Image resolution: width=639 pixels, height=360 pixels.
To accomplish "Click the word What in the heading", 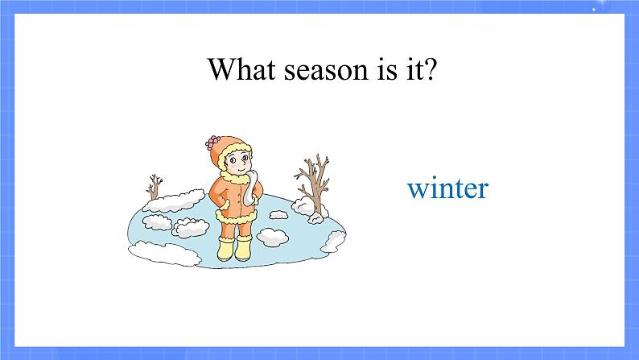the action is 241,68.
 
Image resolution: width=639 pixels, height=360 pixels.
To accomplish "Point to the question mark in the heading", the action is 429,69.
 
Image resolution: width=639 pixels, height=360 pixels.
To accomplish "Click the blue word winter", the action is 448,188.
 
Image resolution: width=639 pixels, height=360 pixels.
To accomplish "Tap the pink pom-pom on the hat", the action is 212,143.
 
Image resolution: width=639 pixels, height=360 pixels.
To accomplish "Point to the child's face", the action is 237,162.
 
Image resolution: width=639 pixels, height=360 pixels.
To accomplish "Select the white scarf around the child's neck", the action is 251,187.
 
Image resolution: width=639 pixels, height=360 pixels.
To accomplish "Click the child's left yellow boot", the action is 226,248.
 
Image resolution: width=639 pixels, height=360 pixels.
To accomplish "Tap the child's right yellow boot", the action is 244,248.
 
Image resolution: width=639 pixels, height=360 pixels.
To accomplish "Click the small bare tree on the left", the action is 154,187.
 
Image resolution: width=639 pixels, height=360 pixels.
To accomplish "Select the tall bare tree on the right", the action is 314,182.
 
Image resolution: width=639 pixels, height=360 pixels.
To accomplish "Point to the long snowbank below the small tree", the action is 174,201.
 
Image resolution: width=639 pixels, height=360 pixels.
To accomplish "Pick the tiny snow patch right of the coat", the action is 278,214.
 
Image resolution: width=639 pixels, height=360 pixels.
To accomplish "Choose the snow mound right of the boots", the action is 273,237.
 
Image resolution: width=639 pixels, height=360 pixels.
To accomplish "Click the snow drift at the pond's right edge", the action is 334,242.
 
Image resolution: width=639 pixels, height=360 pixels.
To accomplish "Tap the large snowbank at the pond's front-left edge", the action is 165,253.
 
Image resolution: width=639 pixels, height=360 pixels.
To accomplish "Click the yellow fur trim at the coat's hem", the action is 237,216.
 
